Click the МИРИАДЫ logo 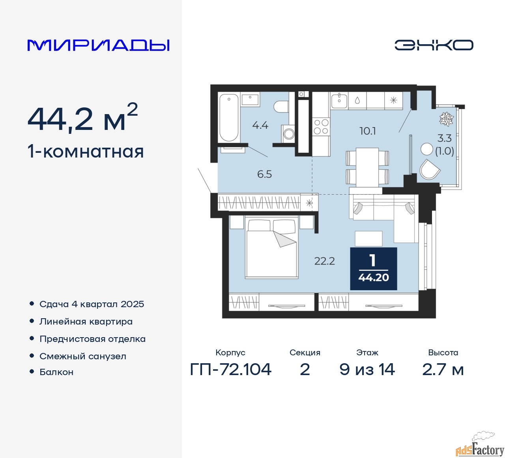(x=99, y=45)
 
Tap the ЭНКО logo (x=434, y=45)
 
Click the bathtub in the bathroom (x=229, y=117)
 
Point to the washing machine (x=288, y=133)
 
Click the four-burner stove (x=321, y=127)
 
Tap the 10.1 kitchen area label (x=368, y=131)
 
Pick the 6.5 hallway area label (x=264, y=174)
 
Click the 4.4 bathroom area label (x=260, y=126)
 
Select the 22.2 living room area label (x=324, y=261)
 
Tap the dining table (x=367, y=167)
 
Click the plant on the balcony (x=447, y=119)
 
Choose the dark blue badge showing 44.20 (x=373, y=269)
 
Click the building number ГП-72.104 (x=231, y=370)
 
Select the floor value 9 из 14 (x=367, y=370)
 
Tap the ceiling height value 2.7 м (x=443, y=370)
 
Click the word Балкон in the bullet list (x=56, y=372)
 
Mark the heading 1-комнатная (x=86, y=152)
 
